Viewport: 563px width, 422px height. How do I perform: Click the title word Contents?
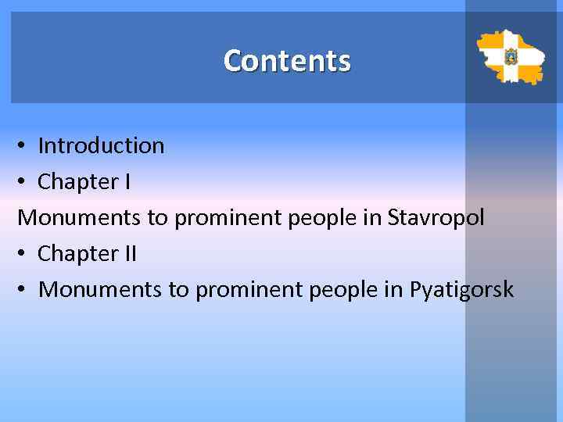[287, 61]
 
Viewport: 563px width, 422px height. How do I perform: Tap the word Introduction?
[101, 145]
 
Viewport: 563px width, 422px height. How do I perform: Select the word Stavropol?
[436, 217]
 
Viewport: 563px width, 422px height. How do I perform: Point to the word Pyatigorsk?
[461, 290]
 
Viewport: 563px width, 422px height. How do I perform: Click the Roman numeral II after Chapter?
[129, 253]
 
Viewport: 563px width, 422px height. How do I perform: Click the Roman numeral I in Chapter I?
[127, 181]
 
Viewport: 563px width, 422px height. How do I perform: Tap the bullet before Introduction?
[23, 146]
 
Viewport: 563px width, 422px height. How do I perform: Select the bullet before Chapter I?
[23, 182]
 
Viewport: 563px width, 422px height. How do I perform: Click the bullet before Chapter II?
[23, 254]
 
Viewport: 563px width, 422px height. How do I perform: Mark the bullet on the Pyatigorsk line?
[23, 290]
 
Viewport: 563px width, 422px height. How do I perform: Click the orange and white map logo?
[511, 57]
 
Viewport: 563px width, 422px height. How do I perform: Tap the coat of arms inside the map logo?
[511, 57]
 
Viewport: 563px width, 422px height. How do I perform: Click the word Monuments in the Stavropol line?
[79, 217]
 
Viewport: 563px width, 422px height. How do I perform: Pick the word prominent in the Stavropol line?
[228, 218]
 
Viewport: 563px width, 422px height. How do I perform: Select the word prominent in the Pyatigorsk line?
[249, 290]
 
